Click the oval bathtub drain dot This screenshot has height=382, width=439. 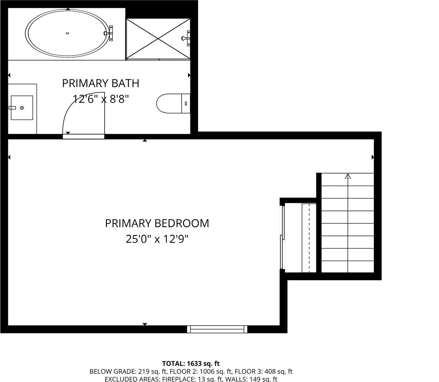[x=67, y=33]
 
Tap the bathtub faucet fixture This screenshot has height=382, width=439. [x=109, y=33]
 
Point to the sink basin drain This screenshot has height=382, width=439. [x=22, y=107]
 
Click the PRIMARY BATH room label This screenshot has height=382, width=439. [x=101, y=83]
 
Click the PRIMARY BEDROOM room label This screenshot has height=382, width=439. [x=157, y=223]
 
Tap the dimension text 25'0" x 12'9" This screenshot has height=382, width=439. [x=157, y=239]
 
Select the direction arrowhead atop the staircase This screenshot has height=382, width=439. [x=348, y=176]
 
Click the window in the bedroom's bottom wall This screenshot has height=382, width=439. [x=217, y=329]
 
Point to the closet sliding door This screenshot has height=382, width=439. [x=282, y=237]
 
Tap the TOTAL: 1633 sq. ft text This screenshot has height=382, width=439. [x=191, y=364]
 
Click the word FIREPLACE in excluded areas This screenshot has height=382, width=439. [x=178, y=379]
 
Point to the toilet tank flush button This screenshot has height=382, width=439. [x=186, y=103]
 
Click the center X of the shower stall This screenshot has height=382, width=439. [x=158, y=39]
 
